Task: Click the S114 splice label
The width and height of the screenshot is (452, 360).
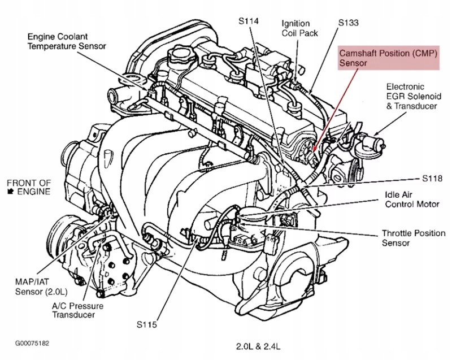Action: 249,21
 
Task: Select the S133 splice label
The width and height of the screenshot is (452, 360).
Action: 348,23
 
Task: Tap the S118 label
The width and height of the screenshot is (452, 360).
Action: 432,179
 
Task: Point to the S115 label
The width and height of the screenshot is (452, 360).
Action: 147,324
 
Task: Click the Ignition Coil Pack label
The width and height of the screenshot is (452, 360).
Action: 299,28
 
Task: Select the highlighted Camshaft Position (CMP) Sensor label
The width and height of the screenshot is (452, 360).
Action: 389,58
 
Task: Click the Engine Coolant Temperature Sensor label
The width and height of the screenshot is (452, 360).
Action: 67,41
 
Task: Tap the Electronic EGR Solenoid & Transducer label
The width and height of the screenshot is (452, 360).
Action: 414,96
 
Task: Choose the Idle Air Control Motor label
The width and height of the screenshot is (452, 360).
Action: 412,199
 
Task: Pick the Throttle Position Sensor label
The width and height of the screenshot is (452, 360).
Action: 414,238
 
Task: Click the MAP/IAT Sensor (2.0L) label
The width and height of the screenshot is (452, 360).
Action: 41,287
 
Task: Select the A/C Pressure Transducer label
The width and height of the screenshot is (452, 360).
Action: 77,310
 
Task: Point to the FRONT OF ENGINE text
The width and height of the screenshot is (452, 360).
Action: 29,187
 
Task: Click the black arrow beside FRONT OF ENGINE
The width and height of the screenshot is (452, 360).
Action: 11,191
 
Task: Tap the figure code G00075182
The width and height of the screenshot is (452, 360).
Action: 32,343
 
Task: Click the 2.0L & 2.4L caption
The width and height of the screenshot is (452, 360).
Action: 258,346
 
